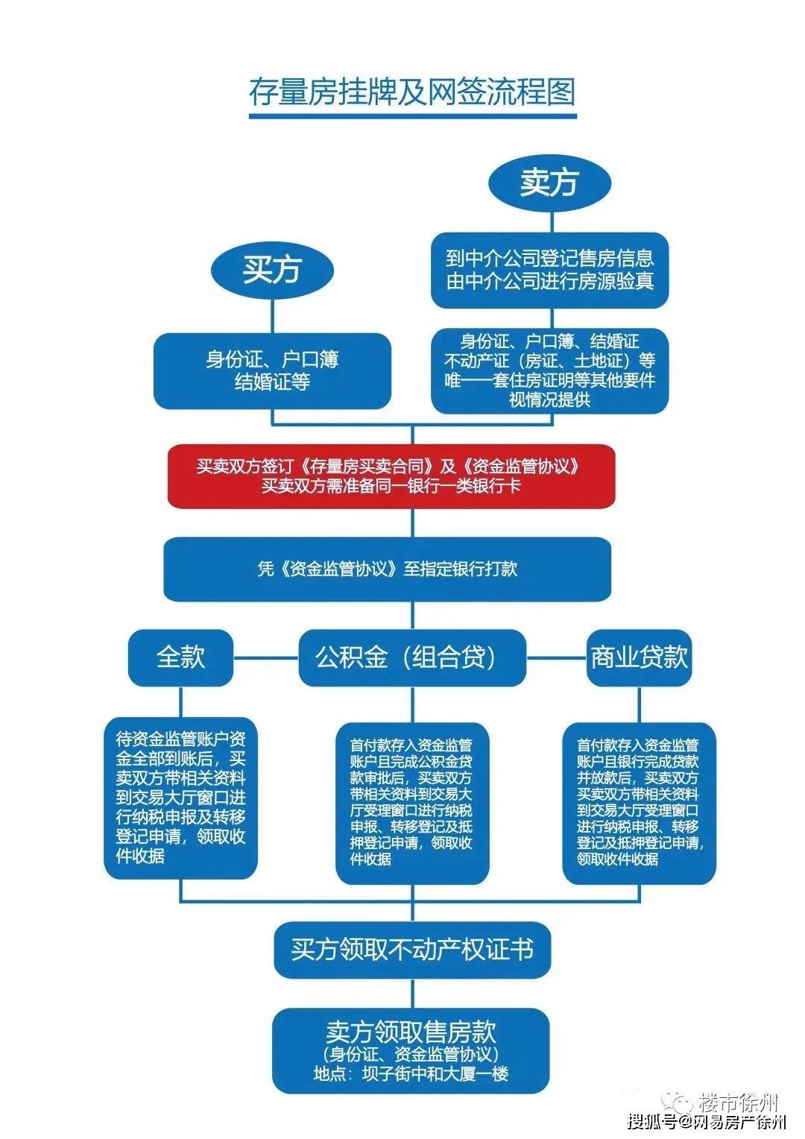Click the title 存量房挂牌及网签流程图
412,92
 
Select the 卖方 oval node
550,182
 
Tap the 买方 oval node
271,269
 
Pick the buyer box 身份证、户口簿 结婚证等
272,370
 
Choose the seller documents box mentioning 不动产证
550,370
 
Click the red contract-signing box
391,476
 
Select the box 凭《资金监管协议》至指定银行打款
387,569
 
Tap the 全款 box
180,657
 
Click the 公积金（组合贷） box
412,657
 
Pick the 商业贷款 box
639,657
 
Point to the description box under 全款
180,798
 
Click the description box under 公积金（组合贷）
412,802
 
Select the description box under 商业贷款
639,802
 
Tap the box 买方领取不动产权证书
412,950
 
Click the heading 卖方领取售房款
411,1032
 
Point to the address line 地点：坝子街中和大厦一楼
411,1074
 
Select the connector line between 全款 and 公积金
265,657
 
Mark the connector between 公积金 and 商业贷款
556,657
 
